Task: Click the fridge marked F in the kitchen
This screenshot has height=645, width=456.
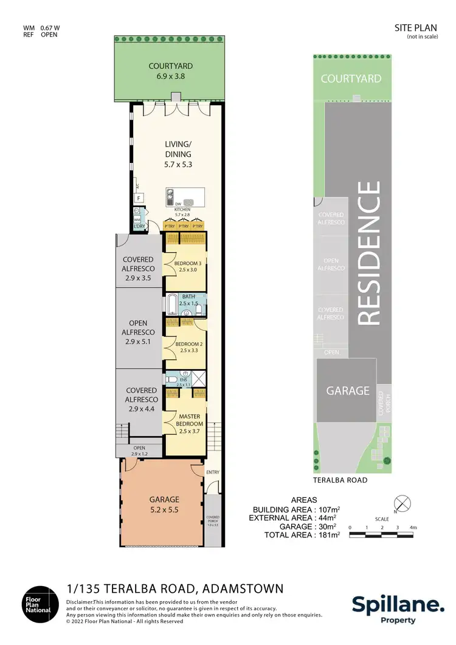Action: (139, 198)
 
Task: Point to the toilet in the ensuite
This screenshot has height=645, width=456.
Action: (171, 379)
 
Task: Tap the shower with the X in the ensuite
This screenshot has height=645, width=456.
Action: (198, 378)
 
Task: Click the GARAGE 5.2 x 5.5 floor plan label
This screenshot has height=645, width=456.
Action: (164, 505)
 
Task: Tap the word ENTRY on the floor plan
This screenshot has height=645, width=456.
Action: (213, 472)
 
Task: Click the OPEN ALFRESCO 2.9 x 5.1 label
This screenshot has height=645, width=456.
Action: (139, 332)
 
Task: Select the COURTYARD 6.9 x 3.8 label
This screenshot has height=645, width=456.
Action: (171, 71)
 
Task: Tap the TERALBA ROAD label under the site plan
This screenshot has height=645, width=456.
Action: (340, 480)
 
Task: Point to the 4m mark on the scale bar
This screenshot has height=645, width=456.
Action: (413, 526)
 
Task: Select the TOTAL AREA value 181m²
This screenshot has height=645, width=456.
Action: (327, 535)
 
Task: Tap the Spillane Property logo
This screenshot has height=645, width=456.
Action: (398, 608)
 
